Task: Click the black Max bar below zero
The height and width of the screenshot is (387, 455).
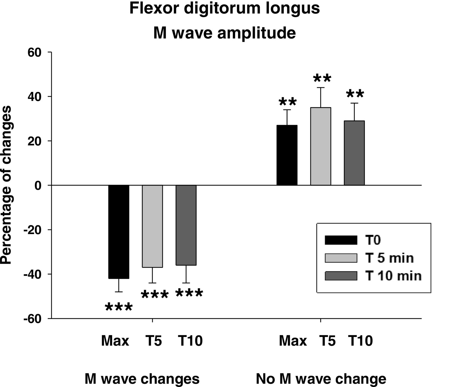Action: [x=119, y=232]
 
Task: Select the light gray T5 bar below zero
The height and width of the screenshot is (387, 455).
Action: [x=153, y=226]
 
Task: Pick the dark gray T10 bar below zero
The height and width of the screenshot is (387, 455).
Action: [x=186, y=225]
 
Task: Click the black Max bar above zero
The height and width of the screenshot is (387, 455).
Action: [x=287, y=155]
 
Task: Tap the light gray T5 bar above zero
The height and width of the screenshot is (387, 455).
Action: [x=321, y=146]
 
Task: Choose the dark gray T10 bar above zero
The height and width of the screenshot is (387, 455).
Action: [x=354, y=153]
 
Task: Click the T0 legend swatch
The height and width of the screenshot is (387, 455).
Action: [x=341, y=240]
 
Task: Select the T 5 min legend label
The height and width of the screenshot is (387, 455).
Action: [x=390, y=258]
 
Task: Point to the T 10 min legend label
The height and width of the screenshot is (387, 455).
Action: [x=393, y=276]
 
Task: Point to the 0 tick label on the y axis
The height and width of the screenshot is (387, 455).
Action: [x=38, y=185]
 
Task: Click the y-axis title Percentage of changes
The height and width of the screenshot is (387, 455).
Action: [x=7, y=185]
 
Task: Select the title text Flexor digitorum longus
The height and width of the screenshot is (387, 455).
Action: [x=225, y=8]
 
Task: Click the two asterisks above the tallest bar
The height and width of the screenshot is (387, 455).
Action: [x=322, y=79]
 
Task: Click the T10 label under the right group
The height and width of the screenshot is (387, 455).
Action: [x=360, y=341]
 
